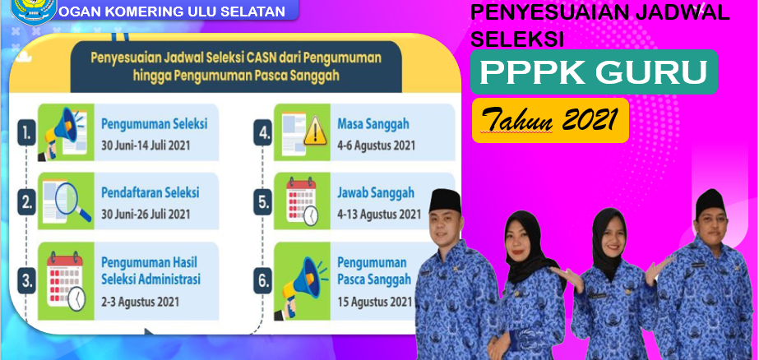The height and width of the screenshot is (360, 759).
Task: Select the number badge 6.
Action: click(262, 281)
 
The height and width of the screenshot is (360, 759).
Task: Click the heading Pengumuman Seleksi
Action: click(154, 124)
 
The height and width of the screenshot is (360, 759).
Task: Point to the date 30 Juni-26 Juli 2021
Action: click(146, 214)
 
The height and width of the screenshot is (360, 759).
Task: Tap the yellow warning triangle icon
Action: click(315, 132)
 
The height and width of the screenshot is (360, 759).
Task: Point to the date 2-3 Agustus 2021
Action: click(140, 302)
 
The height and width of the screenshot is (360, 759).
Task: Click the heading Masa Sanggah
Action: click(373, 124)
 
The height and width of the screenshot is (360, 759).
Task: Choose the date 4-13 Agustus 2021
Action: click(379, 214)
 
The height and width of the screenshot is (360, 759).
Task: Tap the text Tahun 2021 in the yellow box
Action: click(549, 119)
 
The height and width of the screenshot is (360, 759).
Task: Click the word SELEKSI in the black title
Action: click(517, 39)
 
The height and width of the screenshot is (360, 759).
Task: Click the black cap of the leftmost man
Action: click(445, 200)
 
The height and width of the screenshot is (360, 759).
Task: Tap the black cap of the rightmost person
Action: click(710, 202)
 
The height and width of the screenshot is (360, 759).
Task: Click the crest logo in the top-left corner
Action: click(34, 11)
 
